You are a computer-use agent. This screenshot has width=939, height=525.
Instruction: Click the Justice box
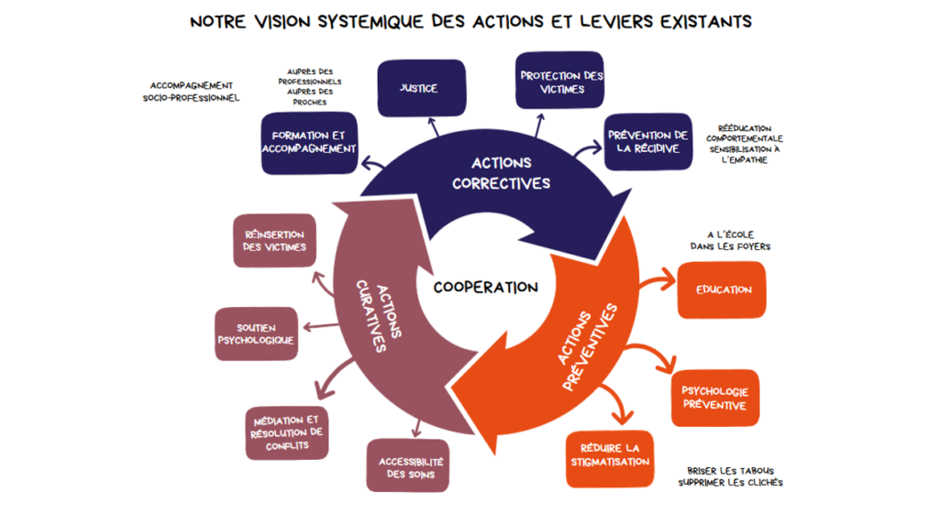[x=419, y=89]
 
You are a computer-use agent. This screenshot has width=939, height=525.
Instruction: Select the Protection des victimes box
[x=561, y=82]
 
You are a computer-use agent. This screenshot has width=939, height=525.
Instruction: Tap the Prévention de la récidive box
[x=647, y=141]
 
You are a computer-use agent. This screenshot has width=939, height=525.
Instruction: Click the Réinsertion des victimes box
[x=274, y=240]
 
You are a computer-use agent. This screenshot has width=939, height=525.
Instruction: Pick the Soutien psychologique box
[x=255, y=334]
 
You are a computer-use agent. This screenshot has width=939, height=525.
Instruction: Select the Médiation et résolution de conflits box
[x=287, y=432]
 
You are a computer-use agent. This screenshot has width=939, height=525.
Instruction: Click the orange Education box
[x=723, y=290]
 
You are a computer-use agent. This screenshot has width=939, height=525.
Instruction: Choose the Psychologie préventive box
[x=715, y=399]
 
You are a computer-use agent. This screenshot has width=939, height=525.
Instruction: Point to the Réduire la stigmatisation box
[x=609, y=454]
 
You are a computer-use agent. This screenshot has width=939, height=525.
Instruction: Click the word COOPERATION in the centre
[x=485, y=287]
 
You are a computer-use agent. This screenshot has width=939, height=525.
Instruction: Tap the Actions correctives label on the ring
[x=501, y=173]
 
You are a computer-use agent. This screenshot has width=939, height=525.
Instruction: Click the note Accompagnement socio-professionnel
[x=193, y=92]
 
